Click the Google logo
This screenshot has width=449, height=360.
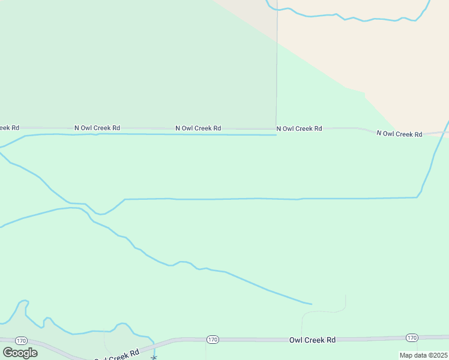tap(20, 353)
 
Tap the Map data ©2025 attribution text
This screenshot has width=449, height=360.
tap(424, 355)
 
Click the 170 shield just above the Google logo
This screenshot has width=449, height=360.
tap(22, 340)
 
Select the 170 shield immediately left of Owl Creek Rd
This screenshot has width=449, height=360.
tap(212, 340)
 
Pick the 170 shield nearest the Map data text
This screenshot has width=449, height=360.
tap(411, 338)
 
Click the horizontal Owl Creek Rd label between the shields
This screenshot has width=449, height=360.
tap(312, 340)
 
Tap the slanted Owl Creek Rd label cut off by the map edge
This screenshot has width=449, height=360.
tap(117, 355)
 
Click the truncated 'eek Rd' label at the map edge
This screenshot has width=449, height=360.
tap(9, 127)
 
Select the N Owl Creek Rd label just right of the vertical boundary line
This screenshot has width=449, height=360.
tap(299, 128)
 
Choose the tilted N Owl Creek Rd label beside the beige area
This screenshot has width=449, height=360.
tap(399, 133)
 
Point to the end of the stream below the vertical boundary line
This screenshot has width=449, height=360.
tap(276, 135)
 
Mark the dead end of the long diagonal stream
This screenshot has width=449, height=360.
tap(312, 304)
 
